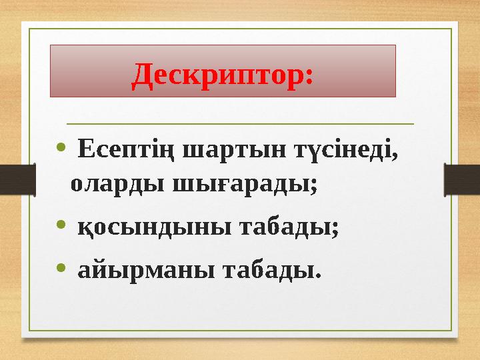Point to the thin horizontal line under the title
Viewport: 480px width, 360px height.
(x=240, y=123)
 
